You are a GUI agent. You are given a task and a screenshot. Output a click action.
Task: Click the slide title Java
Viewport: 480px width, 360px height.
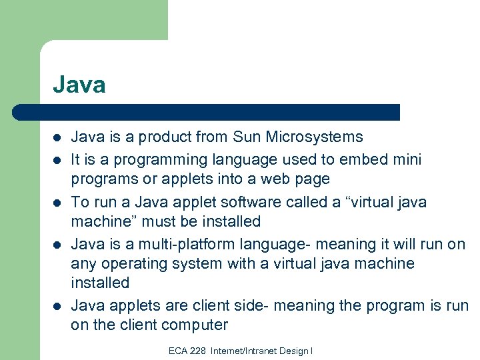(x=79, y=85)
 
